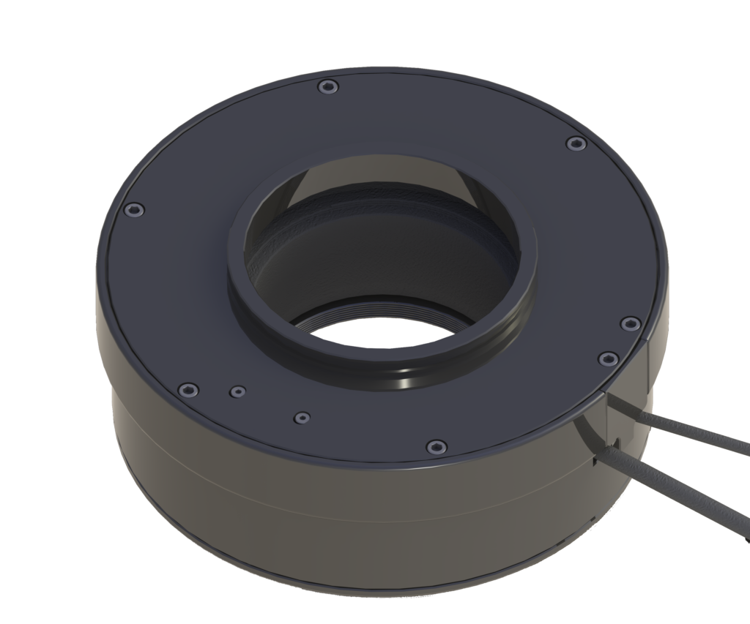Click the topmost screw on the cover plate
pos(327,88)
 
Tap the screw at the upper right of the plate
pos(576,144)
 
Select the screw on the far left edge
pos(133,210)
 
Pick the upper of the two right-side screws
pos(628,323)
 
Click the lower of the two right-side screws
pos(606,358)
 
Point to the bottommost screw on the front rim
pos(437,446)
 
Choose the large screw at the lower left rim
pos(188,388)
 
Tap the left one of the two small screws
pos(237,391)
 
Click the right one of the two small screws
pos(301,418)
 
